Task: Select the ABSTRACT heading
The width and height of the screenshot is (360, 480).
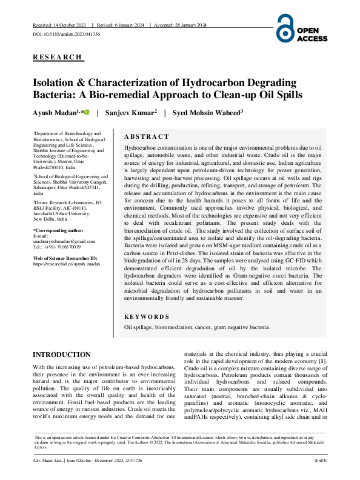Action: point(146,137)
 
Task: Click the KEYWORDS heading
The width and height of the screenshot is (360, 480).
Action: point(147,316)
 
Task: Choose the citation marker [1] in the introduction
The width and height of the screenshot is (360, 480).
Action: point(323,362)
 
